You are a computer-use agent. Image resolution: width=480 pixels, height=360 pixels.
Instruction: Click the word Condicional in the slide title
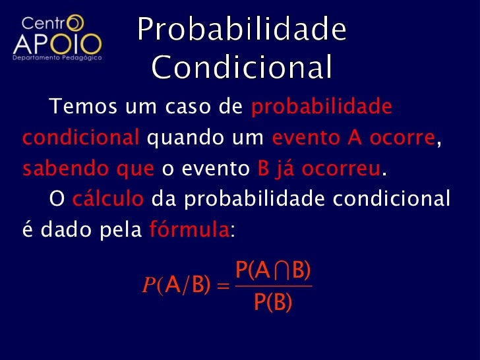[242, 67]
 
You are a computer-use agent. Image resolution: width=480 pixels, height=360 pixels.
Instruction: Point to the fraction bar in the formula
[273, 286]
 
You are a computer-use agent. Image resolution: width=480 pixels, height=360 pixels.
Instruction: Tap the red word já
[284, 169]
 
